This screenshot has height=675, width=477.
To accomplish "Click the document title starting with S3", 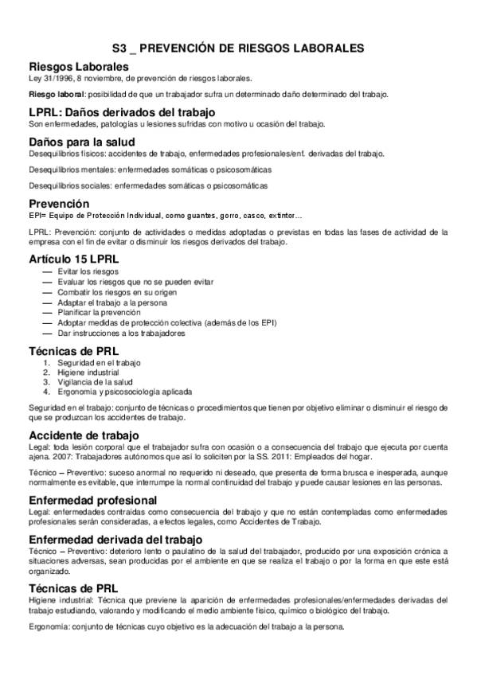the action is (x=238, y=49).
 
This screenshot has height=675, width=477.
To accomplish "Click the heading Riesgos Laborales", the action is (x=78, y=66).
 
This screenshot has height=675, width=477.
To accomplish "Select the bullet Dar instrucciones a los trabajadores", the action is (x=121, y=334).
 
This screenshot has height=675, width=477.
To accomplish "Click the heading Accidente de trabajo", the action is (x=84, y=435).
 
